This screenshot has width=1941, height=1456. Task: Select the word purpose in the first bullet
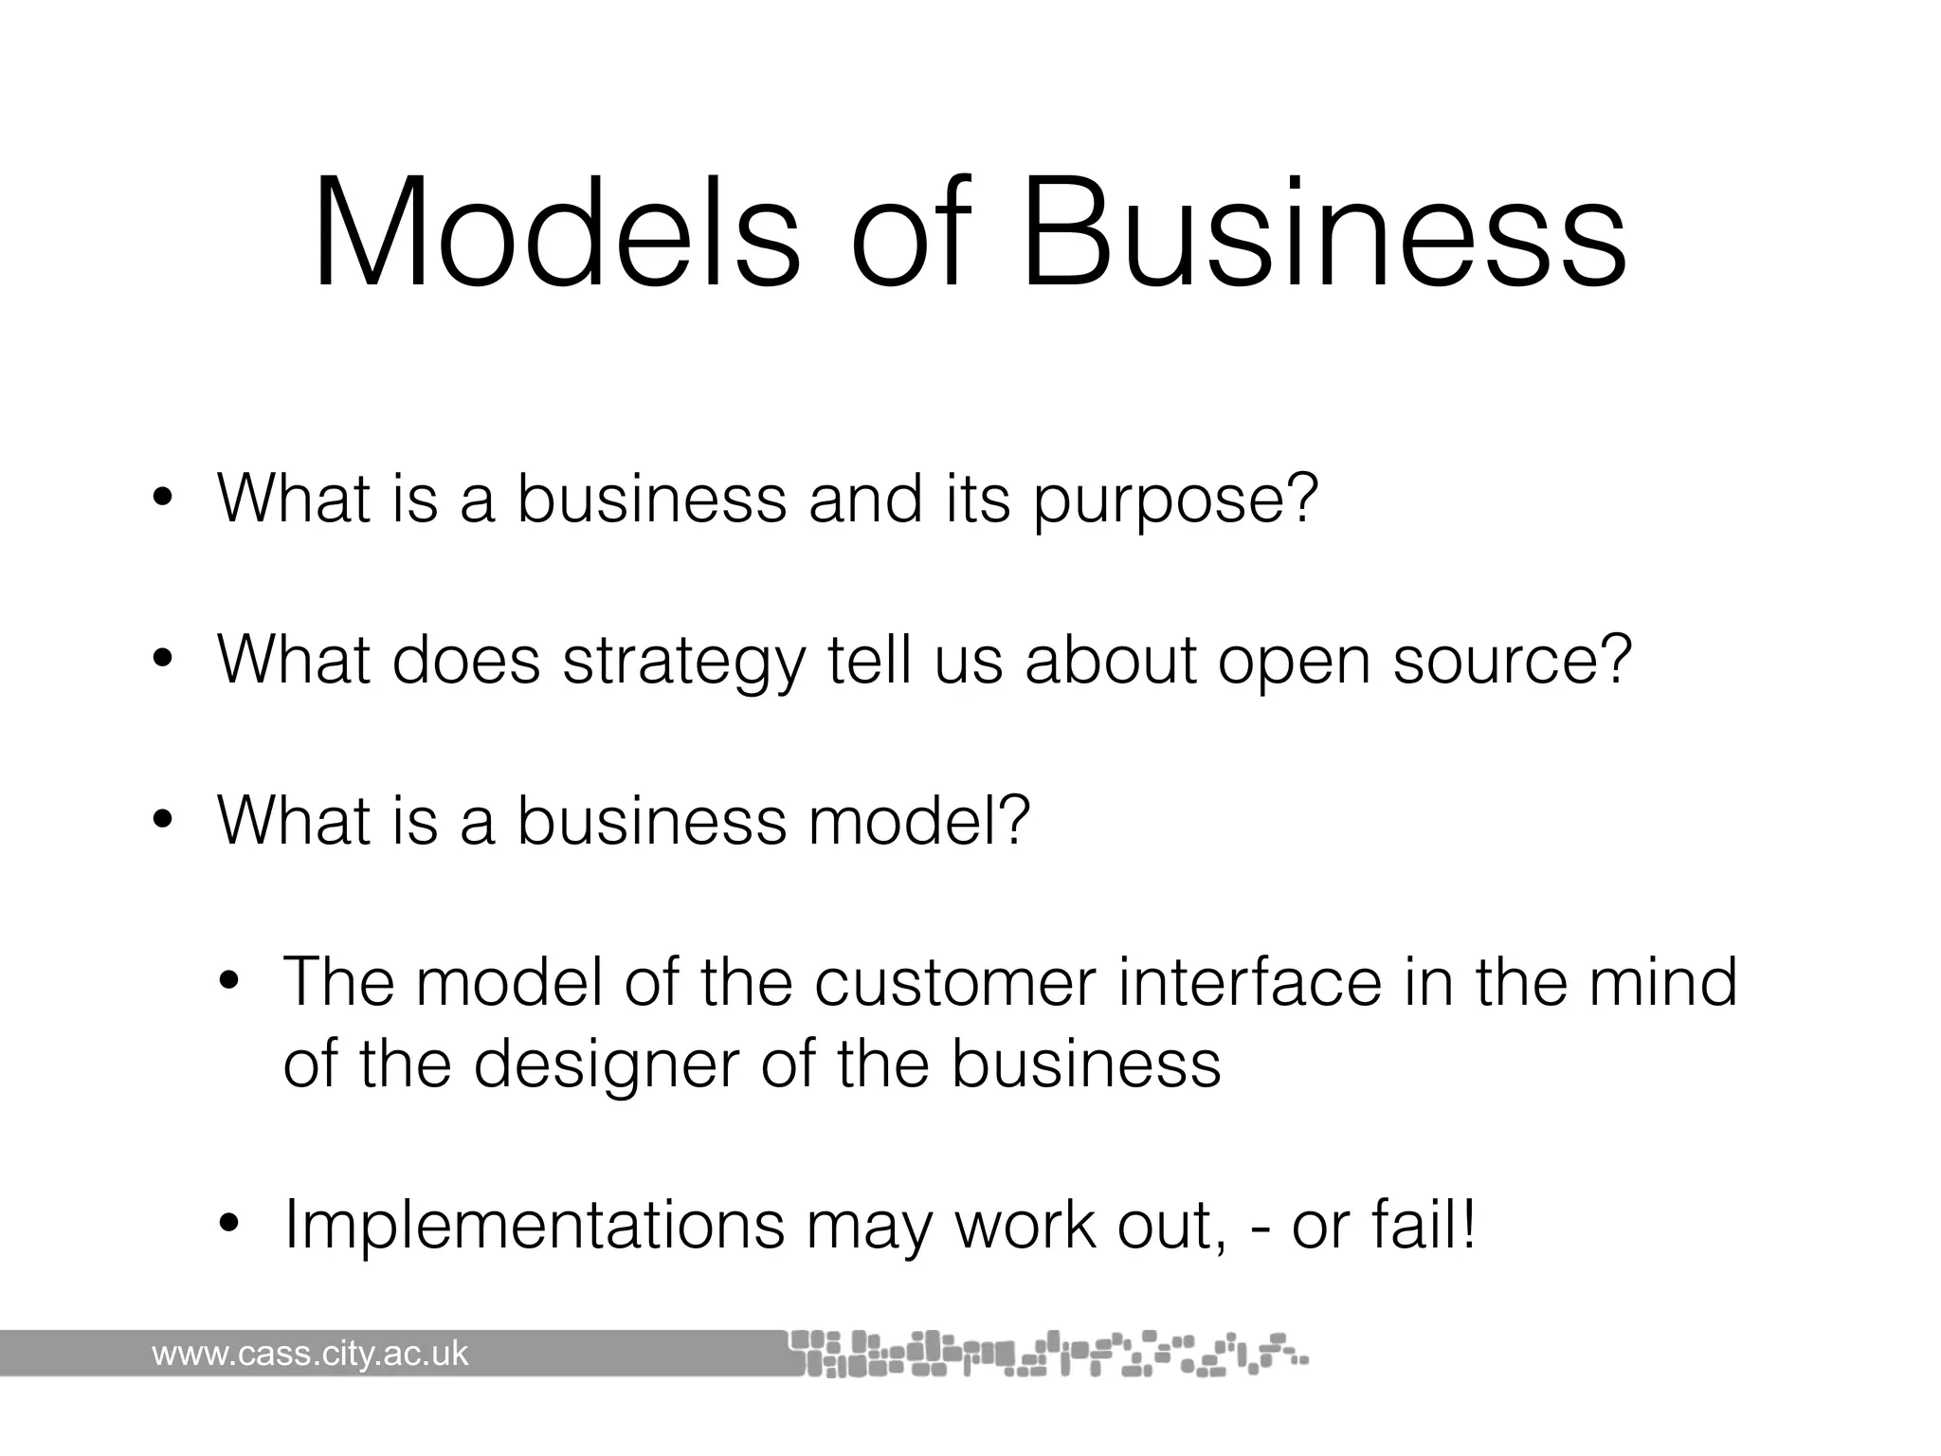pos(1175,500)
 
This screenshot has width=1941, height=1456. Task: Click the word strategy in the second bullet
pos(683,661)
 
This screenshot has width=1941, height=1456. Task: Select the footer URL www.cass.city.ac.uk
pos(310,1354)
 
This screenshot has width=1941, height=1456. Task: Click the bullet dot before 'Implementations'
pos(228,1226)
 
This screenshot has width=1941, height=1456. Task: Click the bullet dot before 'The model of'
pos(228,982)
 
